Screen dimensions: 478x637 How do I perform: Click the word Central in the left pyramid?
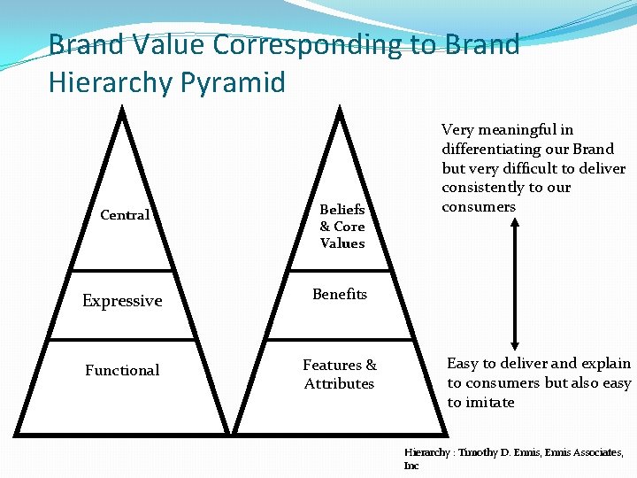pyautogui.click(x=125, y=215)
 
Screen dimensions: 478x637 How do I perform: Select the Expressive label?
pyautogui.click(x=122, y=301)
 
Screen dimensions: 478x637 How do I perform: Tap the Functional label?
pyautogui.click(x=122, y=370)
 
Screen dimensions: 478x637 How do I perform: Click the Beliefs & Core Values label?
pyautogui.click(x=342, y=227)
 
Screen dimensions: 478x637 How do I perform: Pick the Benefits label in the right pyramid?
pyautogui.click(x=340, y=294)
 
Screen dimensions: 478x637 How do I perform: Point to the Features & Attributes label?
pyautogui.click(x=340, y=374)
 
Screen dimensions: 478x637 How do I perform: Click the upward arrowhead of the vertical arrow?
pyautogui.click(x=515, y=221)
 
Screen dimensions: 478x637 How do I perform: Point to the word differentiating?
pyautogui.click(x=485, y=149)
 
